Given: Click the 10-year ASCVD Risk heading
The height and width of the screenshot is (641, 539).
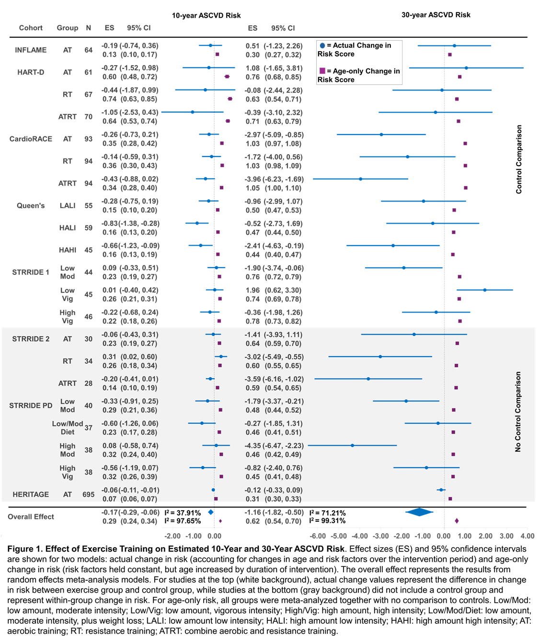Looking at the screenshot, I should coord(206,15).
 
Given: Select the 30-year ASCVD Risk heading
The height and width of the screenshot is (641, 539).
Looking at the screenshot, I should coord(436,15).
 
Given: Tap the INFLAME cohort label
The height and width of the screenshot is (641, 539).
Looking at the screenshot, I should coord(31,50).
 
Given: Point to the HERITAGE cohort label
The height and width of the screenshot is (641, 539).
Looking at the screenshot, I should coord(31,494).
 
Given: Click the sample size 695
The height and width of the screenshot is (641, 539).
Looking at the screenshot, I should coord(89,494).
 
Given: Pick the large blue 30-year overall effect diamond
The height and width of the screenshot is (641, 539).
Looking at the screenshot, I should coord(419,512).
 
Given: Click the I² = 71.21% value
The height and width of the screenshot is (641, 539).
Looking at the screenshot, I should coord(328,513).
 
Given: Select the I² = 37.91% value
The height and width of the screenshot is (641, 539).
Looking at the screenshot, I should coord(183,513).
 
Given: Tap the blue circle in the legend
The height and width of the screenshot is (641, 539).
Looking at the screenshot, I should coord(322,45).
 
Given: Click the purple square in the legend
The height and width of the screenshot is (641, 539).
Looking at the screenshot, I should coord(322,71).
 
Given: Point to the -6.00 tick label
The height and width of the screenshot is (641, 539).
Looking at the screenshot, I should coord(318,536).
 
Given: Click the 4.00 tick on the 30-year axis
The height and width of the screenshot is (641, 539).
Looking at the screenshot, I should coord(527,536).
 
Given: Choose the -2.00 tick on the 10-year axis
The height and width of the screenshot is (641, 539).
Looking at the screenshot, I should coord(172,536).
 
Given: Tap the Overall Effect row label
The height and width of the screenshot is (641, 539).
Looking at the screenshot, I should coord(31,517).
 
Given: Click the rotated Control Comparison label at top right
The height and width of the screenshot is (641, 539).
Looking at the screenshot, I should coord(518,159).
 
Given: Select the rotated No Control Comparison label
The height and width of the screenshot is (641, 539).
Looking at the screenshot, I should coord(518,412).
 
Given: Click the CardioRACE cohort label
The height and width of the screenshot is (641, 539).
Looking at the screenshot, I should coord(31,139).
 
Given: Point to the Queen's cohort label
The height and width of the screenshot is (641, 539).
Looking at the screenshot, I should coord(31,205).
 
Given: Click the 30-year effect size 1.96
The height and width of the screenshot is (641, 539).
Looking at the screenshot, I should coord(252,290).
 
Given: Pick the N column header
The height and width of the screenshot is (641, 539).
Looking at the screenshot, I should coord(89,28).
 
